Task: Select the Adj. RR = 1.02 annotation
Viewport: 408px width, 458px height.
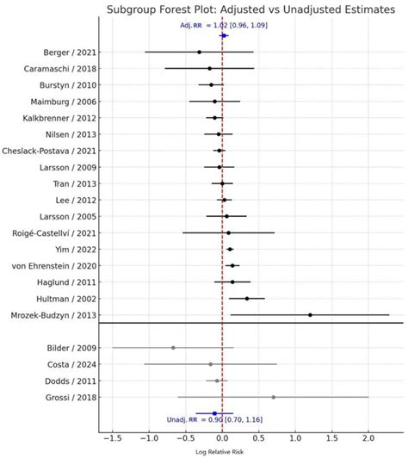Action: coord(218,26)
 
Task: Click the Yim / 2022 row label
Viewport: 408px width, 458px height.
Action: coord(75,249)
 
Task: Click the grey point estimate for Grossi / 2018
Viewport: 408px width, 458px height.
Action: coord(274,397)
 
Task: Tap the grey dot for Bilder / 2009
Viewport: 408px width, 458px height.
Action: coord(173,348)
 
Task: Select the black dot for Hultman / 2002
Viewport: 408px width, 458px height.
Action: coord(247,299)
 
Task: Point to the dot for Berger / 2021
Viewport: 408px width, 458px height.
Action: coord(199,53)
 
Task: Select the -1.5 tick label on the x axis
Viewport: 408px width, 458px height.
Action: coord(111,438)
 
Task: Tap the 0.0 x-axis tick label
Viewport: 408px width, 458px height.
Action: coord(222,438)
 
